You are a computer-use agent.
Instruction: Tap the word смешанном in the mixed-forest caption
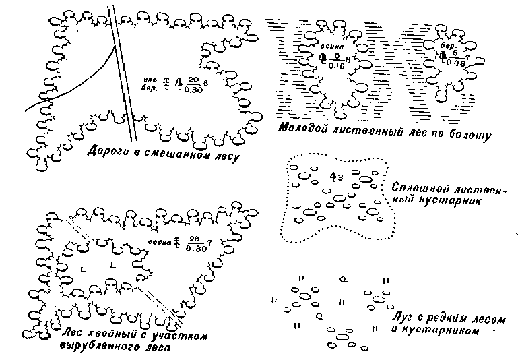173,156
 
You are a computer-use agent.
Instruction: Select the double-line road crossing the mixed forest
124,74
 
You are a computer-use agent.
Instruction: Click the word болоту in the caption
469,135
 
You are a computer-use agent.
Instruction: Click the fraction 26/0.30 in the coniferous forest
195,243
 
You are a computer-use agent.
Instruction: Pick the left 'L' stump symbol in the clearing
82,269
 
